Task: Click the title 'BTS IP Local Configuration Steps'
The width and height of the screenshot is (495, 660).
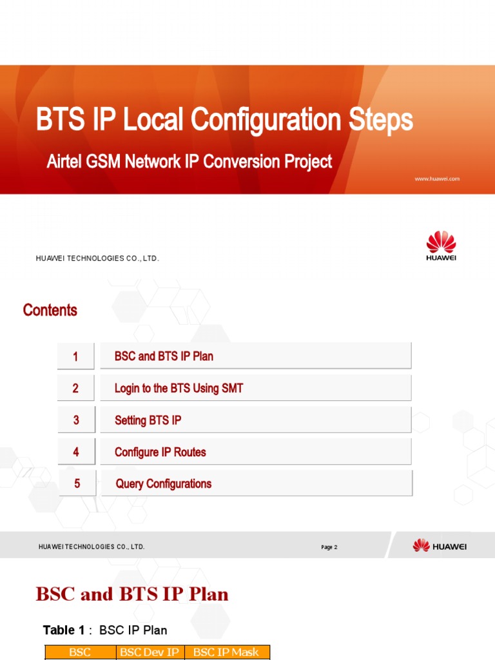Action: (224, 121)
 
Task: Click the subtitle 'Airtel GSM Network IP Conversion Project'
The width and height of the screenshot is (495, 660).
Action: (189, 161)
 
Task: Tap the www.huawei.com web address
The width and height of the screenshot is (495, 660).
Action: (437, 179)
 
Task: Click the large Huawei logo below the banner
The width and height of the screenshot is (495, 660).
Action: (441, 246)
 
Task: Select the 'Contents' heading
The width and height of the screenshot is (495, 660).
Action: (50, 310)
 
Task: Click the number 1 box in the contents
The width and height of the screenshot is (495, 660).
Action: (75, 356)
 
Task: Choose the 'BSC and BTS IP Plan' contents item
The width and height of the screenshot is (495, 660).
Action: (164, 356)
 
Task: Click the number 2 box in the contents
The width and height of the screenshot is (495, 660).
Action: (75, 388)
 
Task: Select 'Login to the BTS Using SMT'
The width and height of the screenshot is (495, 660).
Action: (179, 388)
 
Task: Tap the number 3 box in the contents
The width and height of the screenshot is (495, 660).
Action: (76, 420)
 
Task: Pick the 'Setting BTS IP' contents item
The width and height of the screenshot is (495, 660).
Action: (148, 420)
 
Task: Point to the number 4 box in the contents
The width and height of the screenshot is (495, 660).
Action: (76, 452)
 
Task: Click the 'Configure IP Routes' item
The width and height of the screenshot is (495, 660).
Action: (160, 452)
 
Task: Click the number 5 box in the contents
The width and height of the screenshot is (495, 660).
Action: (77, 483)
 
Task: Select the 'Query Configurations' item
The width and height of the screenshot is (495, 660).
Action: (163, 483)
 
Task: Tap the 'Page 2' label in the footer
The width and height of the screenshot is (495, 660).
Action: (329, 547)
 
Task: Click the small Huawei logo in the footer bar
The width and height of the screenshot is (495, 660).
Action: (440, 546)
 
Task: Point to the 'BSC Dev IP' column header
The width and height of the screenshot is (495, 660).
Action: (150, 652)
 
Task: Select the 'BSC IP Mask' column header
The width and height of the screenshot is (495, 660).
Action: (226, 652)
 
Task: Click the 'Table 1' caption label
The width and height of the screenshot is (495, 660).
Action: (63, 630)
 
